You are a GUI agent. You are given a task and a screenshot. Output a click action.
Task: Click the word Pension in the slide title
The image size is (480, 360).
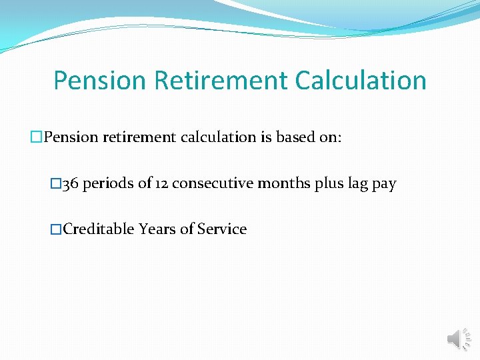pyautogui.click(x=99, y=81)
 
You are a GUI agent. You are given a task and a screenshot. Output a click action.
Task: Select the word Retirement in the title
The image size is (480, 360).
pyautogui.click(x=221, y=81)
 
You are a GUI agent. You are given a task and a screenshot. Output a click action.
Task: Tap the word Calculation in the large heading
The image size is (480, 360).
pyautogui.click(x=361, y=81)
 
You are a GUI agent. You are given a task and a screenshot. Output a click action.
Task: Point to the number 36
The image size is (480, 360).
pyautogui.click(x=69, y=183)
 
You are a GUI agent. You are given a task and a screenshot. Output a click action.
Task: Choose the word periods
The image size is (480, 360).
pyautogui.click(x=108, y=183)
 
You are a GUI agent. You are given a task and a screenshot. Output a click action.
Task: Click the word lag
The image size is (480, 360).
pyautogui.click(x=358, y=184)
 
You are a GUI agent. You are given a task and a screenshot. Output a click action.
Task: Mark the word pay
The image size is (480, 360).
pyautogui.click(x=384, y=185)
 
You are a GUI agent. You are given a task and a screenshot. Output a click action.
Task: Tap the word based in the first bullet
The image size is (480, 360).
pyautogui.click(x=295, y=137)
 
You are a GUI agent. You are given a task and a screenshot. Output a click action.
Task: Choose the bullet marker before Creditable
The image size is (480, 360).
pyautogui.click(x=56, y=229)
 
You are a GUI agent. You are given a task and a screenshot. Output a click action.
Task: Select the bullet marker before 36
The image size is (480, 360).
pyautogui.click(x=56, y=184)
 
